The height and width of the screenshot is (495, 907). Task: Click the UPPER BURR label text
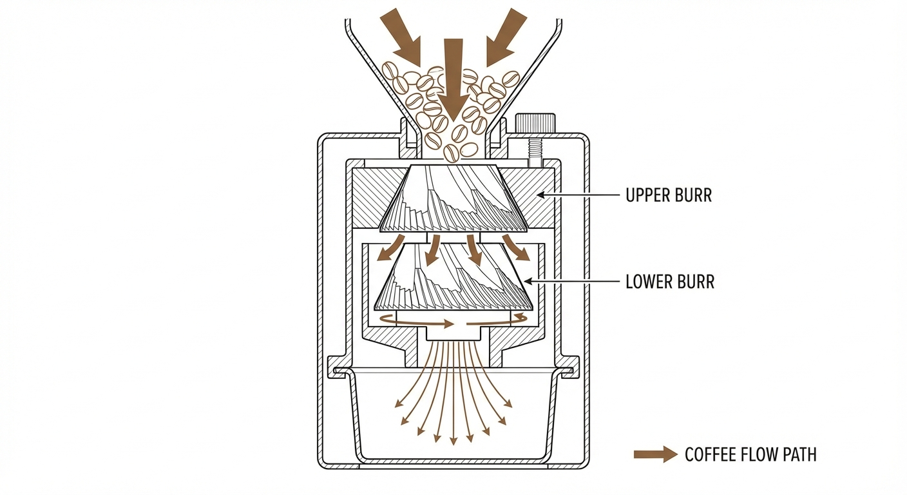tap(669, 195)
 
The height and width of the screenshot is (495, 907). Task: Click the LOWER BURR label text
tap(670, 282)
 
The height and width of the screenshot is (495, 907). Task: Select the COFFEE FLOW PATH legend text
tap(750, 454)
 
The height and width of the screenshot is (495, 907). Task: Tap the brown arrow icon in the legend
tap(655, 454)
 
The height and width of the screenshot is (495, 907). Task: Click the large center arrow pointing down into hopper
tap(453, 77)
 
